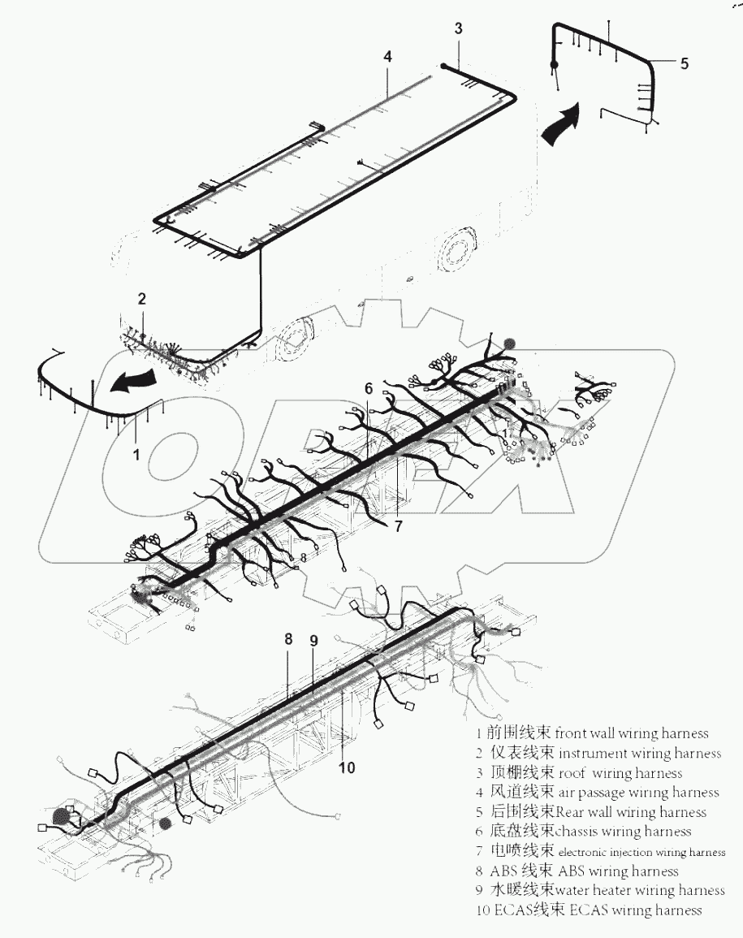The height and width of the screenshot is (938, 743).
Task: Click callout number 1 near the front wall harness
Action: pyautogui.click(x=136, y=456)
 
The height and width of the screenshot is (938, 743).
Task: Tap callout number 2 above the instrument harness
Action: pyautogui.click(x=141, y=299)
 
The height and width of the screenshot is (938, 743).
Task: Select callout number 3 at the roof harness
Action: pyautogui.click(x=458, y=28)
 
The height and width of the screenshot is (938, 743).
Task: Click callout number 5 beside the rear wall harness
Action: pyautogui.click(x=684, y=63)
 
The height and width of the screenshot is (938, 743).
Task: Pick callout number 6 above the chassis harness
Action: pyautogui.click(x=368, y=389)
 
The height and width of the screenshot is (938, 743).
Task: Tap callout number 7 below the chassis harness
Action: pyautogui.click(x=399, y=525)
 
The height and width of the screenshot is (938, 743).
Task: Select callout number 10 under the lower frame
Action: pyautogui.click(x=347, y=767)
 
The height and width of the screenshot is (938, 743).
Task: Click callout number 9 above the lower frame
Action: pyautogui.click(x=313, y=640)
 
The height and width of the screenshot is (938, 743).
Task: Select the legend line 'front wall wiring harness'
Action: pyautogui.click(x=593, y=733)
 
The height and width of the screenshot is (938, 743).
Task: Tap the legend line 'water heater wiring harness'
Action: pyautogui.click(x=600, y=891)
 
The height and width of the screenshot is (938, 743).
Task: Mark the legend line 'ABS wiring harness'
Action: pyautogui.click(x=578, y=871)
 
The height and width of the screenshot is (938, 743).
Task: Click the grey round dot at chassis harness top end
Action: pyautogui.click(x=510, y=344)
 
